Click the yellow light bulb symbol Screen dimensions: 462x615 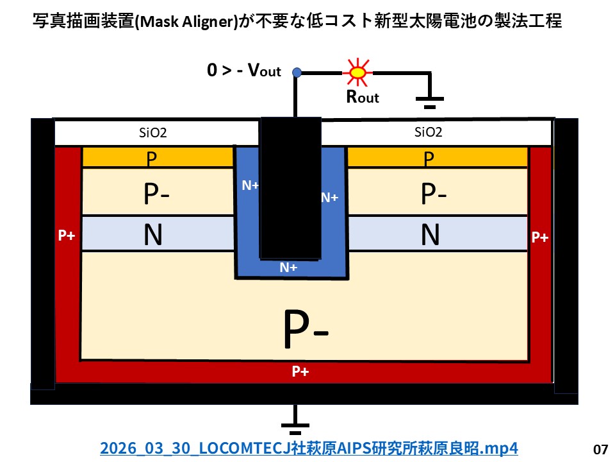[357, 73]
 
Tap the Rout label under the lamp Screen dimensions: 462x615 [362, 97]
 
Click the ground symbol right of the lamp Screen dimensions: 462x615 [429, 96]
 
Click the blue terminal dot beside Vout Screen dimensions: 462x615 [296, 73]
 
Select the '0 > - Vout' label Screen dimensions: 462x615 [244, 71]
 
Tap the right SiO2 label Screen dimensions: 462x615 [428, 133]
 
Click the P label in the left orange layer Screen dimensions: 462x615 [152, 158]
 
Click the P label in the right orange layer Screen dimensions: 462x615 [429, 158]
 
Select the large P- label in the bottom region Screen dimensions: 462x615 [306, 329]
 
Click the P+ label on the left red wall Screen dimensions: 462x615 [67, 235]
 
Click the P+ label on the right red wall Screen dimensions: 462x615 [540, 237]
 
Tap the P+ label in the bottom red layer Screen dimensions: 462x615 [302, 371]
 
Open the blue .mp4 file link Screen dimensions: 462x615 [308, 448]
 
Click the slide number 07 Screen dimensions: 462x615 [600, 449]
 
